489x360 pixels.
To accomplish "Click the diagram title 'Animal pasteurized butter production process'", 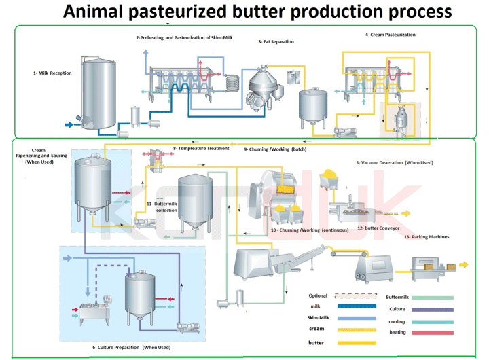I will tap(257, 12).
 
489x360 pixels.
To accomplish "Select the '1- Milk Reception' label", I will tap(52, 73).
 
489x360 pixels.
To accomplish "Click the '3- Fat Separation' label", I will tap(276, 42).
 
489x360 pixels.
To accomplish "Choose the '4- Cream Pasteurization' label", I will tap(390, 35).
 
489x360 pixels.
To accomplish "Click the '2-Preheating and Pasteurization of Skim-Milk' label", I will tap(184, 37).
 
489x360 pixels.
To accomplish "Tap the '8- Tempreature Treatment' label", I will tap(201, 148).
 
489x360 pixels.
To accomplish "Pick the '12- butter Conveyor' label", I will tap(378, 228).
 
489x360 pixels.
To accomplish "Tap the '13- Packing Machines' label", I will tap(426, 237).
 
